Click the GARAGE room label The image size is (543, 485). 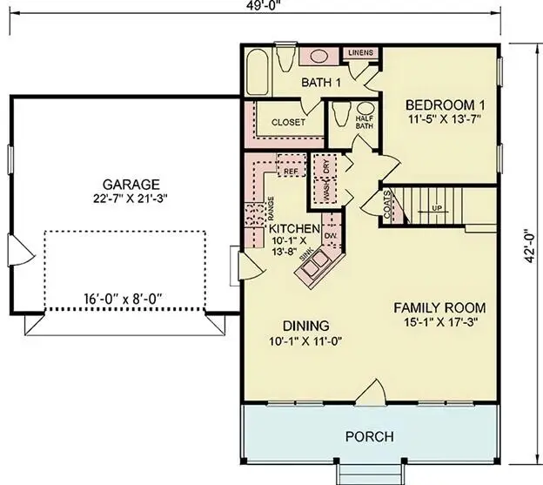131,185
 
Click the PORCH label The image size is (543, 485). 370,436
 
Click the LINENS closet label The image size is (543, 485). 360,53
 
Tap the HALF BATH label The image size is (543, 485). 364,123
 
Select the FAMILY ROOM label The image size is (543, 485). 439,308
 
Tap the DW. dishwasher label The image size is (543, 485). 331,236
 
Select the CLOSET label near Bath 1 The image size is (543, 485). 288,123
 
